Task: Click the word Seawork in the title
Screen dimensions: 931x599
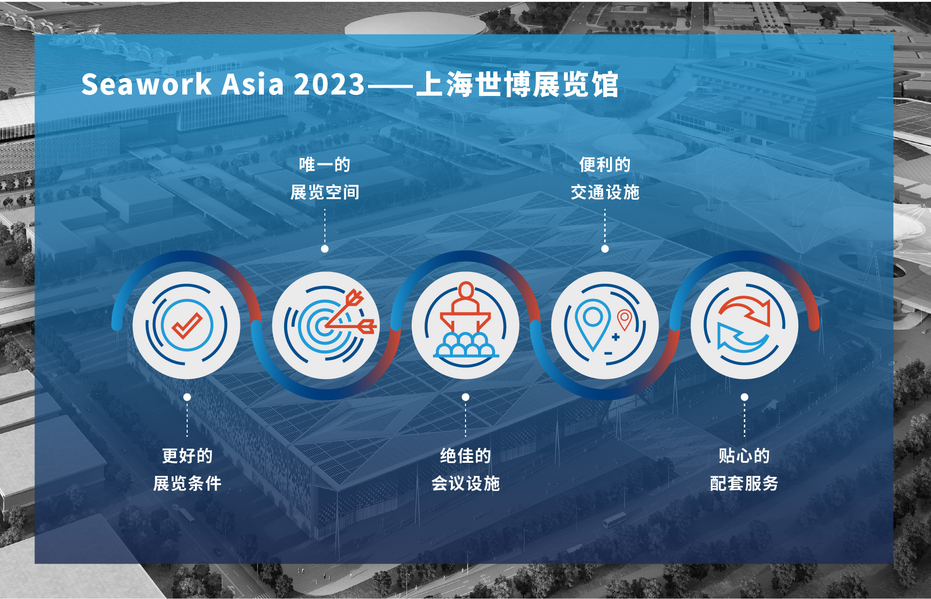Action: point(146,84)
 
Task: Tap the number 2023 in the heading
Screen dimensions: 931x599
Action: point(329,84)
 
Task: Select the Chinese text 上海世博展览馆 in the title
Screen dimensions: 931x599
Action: point(517,84)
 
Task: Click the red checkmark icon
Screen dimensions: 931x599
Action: point(187,325)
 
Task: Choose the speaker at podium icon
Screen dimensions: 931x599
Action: point(465,320)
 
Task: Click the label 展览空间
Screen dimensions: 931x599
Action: point(325,192)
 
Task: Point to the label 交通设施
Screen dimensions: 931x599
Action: point(605,192)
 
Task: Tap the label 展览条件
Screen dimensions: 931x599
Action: point(187,483)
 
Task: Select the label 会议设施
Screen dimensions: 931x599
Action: point(465,483)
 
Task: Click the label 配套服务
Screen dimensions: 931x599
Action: point(744,483)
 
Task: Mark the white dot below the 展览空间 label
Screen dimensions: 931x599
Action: point(325,249)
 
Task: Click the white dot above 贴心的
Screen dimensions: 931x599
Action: point(744,397)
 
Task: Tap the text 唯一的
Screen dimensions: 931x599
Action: point(324,165)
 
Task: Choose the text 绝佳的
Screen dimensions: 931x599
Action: point(465,456)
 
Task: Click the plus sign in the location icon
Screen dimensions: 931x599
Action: point(616,337)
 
